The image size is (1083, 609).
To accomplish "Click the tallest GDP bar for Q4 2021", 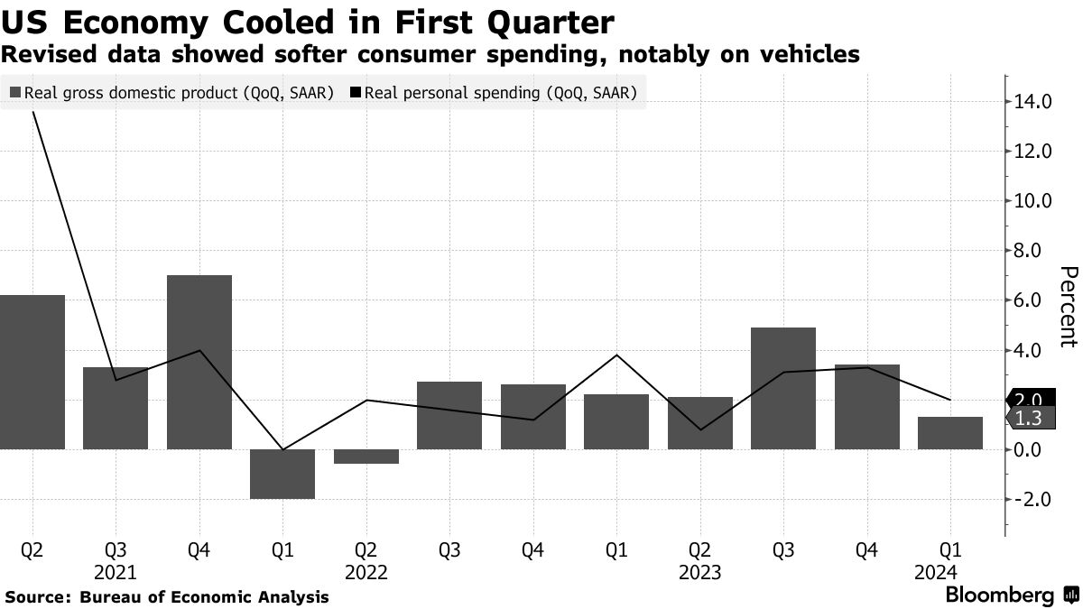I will click(199, 361).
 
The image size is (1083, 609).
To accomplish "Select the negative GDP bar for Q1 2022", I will click(282, 474).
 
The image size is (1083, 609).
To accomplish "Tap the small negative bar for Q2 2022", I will click(366, 457).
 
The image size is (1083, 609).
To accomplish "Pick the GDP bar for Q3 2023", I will click(783, 388).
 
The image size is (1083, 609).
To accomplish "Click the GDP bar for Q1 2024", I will click(950, 433).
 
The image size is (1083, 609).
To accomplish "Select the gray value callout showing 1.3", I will click(1028, 418).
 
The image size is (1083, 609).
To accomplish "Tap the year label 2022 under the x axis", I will click(366, 572).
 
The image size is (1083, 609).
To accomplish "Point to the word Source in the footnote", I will click(37, 597).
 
